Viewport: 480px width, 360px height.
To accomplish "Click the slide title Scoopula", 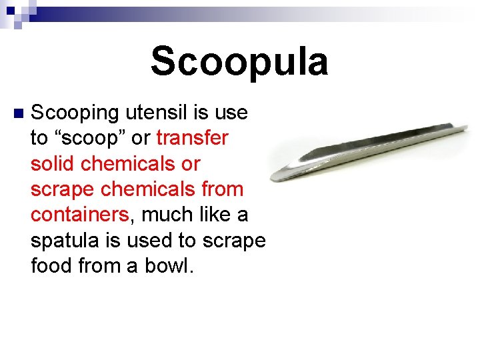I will pos(239,62).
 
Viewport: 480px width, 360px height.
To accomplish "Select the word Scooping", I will pos(73,113).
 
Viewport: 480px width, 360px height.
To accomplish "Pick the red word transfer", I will pos(192,138).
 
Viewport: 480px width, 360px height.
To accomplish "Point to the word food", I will pos(51,265).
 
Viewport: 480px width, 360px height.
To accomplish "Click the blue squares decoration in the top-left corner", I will pos(15,12).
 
